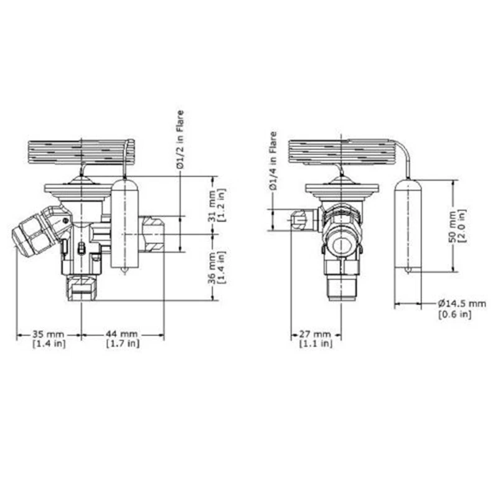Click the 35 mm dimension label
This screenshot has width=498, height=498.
point(48,334)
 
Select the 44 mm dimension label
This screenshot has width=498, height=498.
point(123,334)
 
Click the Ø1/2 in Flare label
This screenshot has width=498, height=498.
point(180,139)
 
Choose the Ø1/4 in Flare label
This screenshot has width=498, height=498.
point(272,161)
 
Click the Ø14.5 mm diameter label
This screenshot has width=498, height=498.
point(461,303)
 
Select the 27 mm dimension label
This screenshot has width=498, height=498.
point(316,334)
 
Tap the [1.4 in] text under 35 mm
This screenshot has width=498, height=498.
point(48,344)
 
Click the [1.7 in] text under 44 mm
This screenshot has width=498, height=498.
point(123,344)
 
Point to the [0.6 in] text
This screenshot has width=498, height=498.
point(454,314)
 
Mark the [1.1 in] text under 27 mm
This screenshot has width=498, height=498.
point(316,344)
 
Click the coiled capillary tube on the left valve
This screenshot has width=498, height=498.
point(81,151)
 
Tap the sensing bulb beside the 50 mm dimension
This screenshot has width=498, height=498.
point(408,225)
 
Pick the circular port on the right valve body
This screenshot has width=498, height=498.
point(341,244)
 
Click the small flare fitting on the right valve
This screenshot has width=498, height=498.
point(299,219)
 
